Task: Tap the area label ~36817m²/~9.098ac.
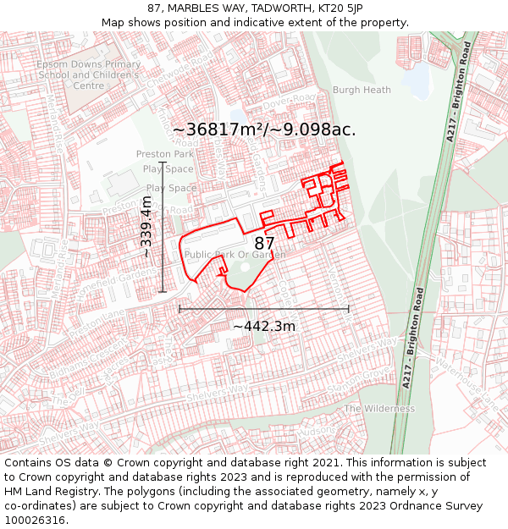click(x=263, y=129)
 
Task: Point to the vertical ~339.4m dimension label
click(x=146, y=226)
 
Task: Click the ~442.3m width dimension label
click(x=264, y=326)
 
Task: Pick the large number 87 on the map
click(x=264, y=243)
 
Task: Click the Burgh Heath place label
click(x=362, y=90)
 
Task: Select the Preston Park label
click(x=165, y=154)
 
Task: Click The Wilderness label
click(x=379, y=408)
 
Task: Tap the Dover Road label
click(x=287, y=99)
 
